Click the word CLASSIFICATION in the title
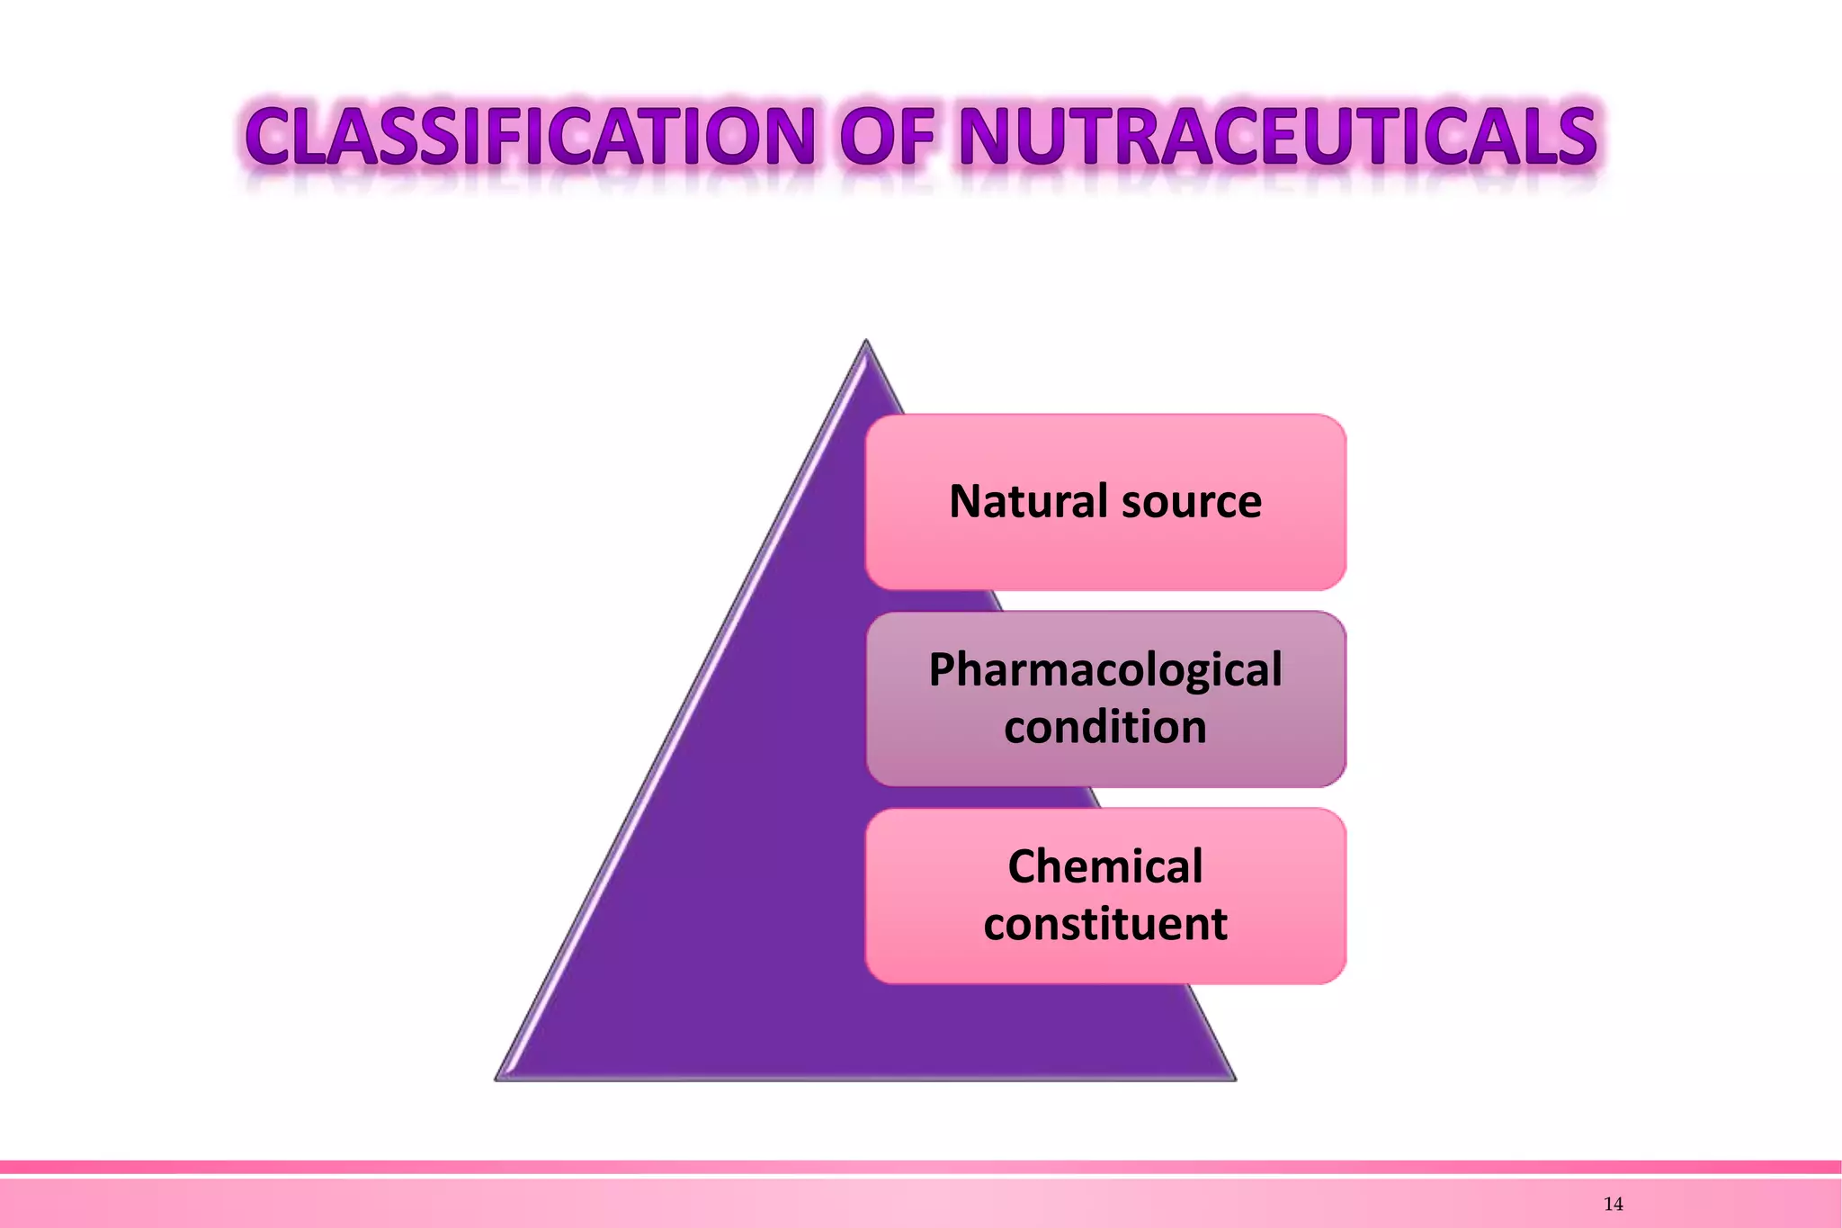point(531,137)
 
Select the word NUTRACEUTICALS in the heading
point(1277,137)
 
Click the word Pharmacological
point(1104,671)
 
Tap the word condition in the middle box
point(1104,727)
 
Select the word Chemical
point(1104,867)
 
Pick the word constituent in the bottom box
point(1104,925)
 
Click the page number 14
point(1613,1205)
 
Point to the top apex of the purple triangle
point(866,343)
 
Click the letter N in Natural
point(966,501)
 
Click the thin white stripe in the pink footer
point(921,1176)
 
